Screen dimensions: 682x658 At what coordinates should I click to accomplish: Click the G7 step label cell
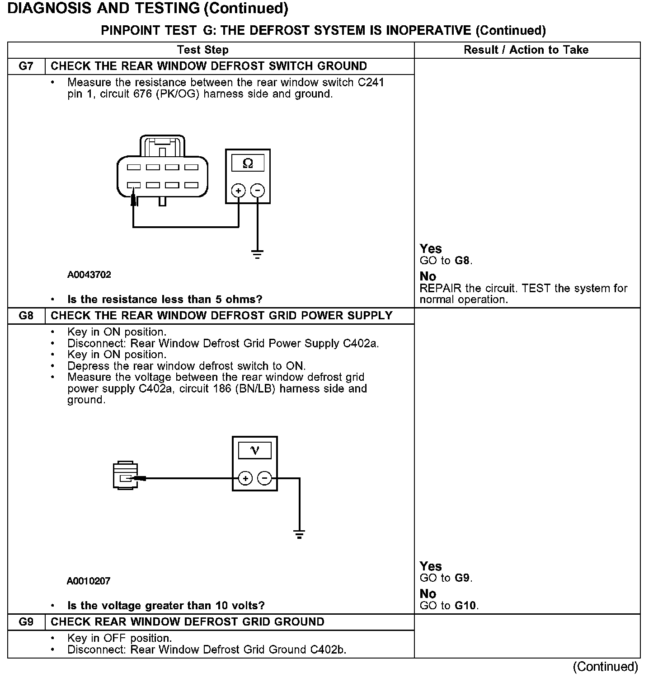(26, 66)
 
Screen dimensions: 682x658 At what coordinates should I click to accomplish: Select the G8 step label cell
(26, 316)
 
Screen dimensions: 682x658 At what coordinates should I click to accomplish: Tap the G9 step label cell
(26, 622)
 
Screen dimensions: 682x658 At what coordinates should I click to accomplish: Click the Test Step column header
(202, 50)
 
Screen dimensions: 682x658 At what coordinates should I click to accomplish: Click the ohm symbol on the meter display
(248, 163)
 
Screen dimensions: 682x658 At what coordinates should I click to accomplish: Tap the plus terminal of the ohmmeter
(238, 191)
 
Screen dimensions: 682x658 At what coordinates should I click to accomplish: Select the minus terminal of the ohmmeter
(258, 191)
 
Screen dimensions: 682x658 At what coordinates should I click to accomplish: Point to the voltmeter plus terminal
(245, 478)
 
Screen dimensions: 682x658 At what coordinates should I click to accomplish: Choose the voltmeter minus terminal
(264, 478)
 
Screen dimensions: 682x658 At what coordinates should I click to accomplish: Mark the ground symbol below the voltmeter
(299, 535)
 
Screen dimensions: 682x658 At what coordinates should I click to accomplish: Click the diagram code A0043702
(89, 275)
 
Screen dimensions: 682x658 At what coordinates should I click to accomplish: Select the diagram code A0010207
(89, 581)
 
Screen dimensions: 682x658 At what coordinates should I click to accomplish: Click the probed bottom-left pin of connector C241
(134, 185)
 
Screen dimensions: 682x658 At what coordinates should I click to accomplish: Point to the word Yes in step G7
(431, 249)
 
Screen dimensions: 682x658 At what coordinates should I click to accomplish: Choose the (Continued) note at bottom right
(605, 667)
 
